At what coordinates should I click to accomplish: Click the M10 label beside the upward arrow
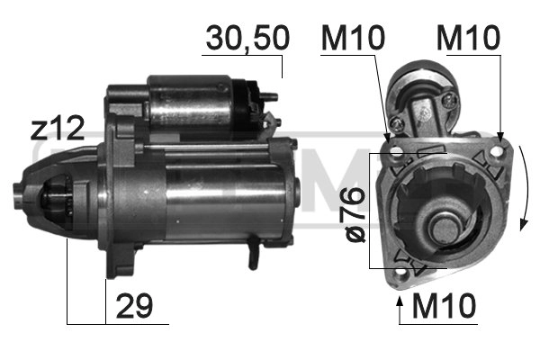445,306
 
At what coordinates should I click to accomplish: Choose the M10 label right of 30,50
353,38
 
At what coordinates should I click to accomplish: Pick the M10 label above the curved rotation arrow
468,38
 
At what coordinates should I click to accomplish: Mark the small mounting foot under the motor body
255,256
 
